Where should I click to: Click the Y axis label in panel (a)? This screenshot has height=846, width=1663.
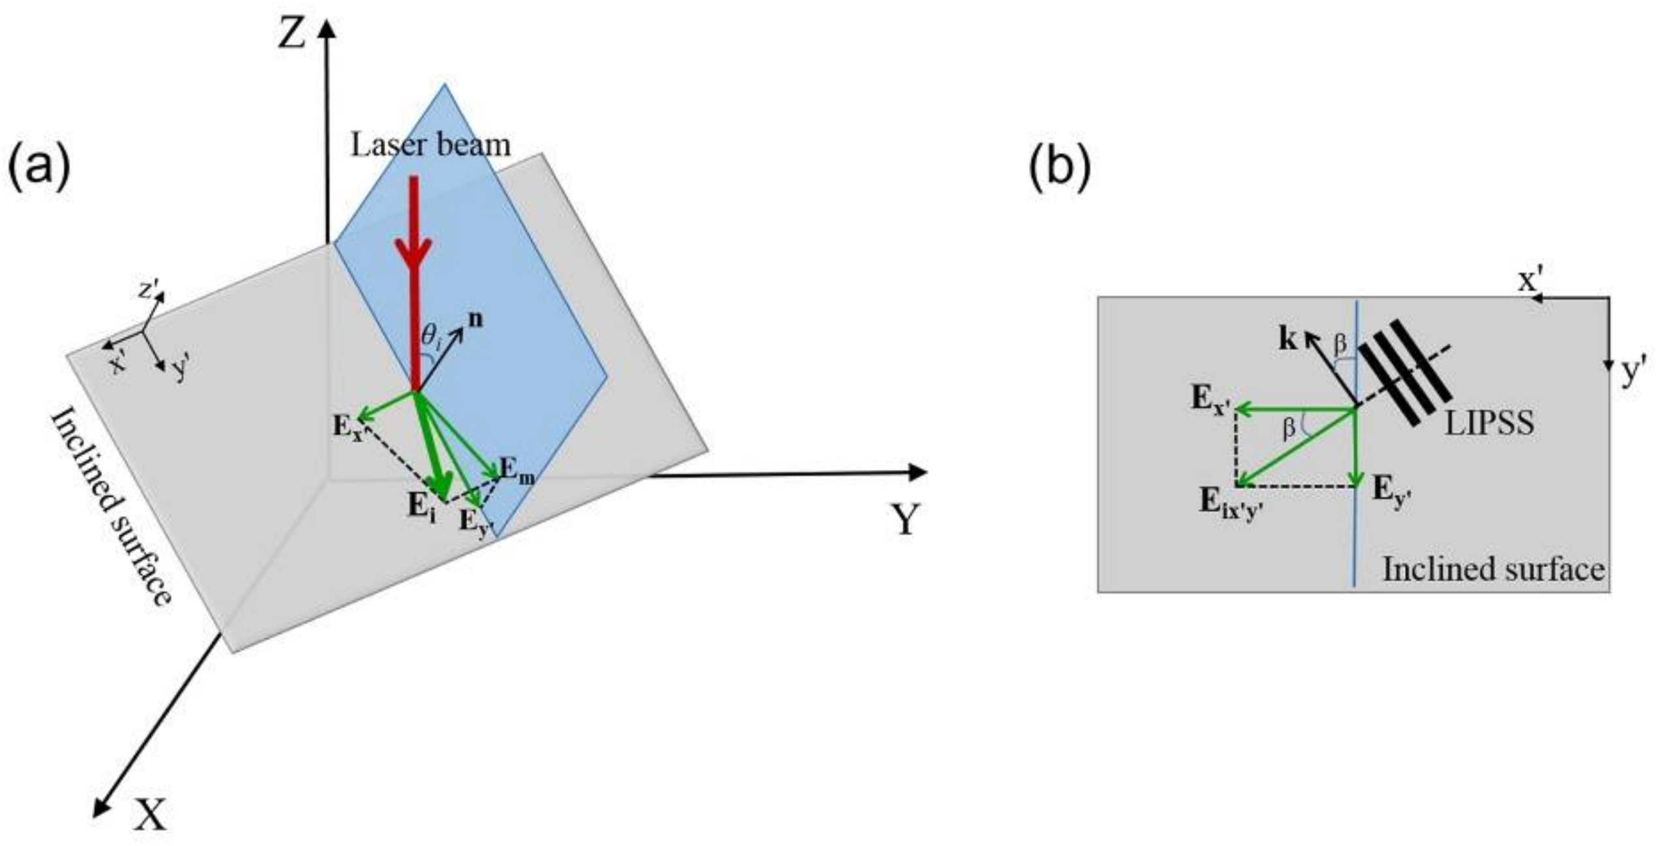pos(906,520)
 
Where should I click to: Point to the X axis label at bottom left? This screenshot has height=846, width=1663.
pos(151,815)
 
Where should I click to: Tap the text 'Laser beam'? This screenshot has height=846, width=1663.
pos(430,145)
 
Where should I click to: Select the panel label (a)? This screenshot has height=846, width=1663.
pos(38,168)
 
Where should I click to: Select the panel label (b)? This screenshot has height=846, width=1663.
pos(1060,168)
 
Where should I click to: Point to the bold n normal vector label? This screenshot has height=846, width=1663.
pos(477,321)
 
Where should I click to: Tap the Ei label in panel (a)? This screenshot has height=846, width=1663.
pos(421,506)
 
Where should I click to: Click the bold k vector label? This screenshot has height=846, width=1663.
pos(1288,340)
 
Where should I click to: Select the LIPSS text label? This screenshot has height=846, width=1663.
pos(1489,424)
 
